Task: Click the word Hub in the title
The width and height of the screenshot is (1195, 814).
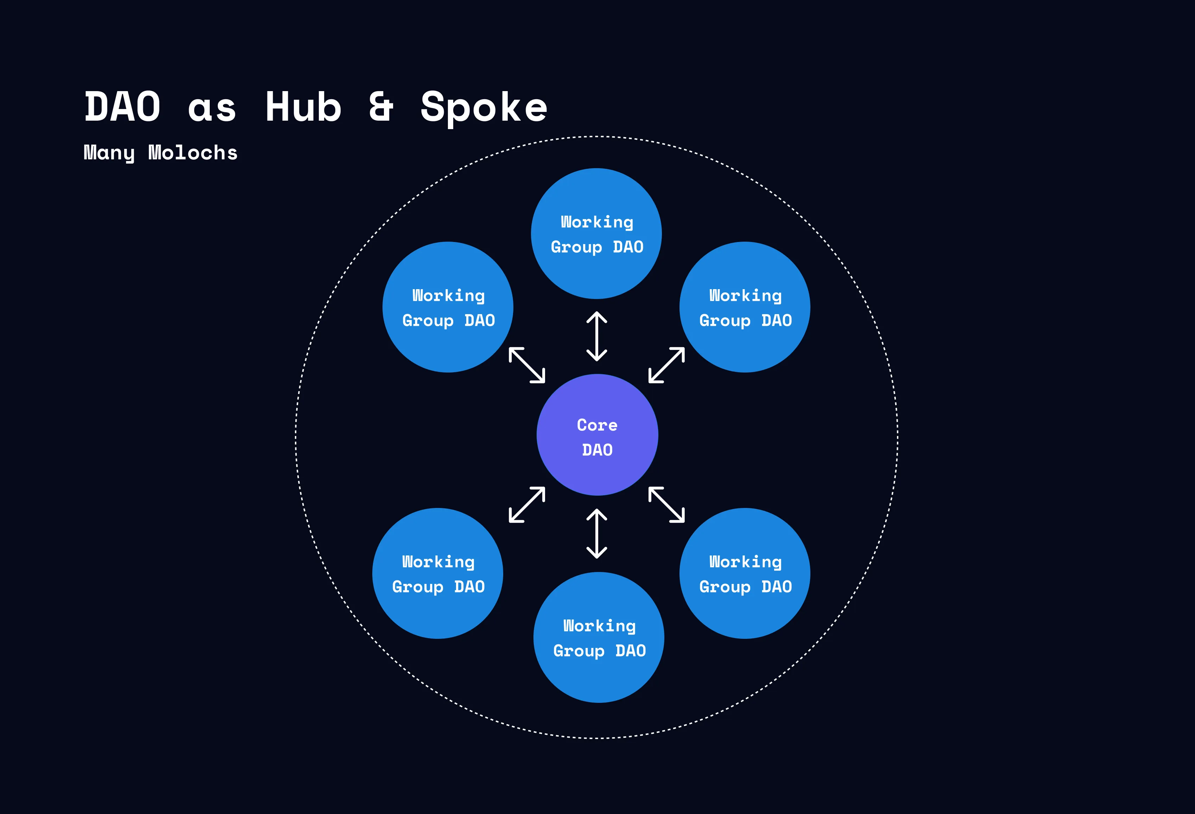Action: coord(303,107)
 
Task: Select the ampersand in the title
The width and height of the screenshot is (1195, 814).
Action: coord(381,107)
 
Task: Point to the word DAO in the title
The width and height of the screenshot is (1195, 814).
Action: coord(122,107)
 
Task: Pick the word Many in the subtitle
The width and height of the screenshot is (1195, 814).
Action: coord(109,153)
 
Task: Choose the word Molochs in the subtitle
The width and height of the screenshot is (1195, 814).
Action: coord(193,153)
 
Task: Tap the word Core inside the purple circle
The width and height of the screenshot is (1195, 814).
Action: coord(597,425)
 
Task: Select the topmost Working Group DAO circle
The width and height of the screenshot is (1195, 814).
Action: coord(596,233)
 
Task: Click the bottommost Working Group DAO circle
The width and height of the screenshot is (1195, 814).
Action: coord(599,637)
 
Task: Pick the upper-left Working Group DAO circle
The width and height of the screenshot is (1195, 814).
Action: coord(448,307)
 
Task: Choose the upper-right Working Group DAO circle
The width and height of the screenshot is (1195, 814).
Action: coord(745,307)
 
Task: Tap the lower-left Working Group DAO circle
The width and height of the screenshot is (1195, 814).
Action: coord(438,573)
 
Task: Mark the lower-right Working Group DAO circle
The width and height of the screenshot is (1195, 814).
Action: coord(745,573)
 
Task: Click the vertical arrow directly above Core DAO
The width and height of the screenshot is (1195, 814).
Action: coord(596,336)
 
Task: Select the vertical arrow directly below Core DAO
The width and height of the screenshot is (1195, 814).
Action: coord(596,533)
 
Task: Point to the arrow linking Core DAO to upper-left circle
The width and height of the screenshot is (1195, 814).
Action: coord(526,365)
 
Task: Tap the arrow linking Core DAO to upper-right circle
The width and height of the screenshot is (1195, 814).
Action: coord(666,365)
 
